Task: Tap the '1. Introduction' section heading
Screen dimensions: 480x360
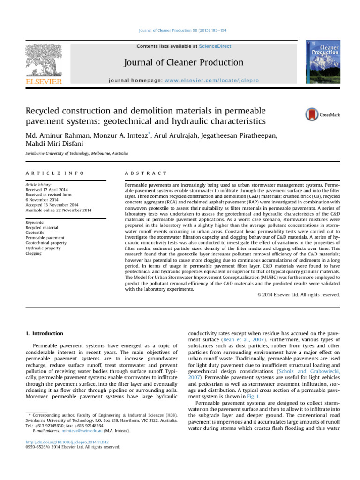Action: pos(44,333)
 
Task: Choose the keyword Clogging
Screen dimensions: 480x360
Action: pos(34,253)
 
